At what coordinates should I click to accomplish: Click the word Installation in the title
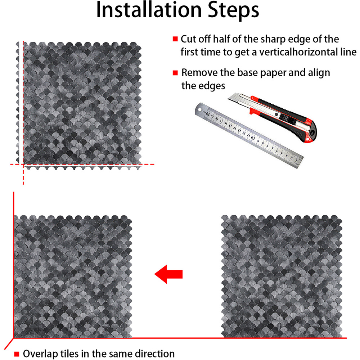149,10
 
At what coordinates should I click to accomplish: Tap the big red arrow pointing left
168,274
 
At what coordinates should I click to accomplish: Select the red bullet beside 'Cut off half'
175,39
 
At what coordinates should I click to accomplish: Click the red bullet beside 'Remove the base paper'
175,73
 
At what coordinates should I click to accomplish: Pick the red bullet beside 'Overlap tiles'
17,354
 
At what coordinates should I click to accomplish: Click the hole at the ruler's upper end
199,109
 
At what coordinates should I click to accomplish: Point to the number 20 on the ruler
208,113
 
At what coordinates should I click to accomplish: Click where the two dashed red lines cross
23,165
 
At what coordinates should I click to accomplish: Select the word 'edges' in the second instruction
212,86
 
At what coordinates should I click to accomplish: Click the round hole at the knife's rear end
312,133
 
